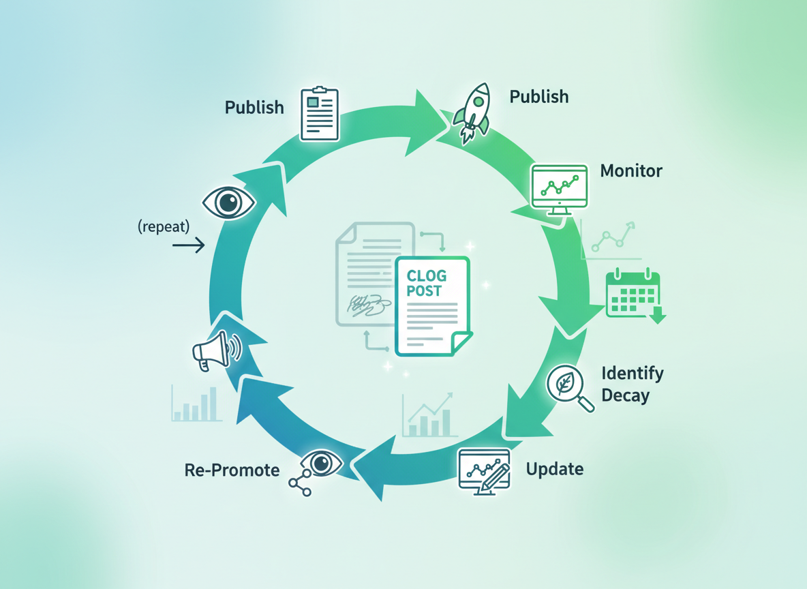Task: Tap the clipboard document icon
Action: [320, 113]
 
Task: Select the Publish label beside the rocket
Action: [539, 97]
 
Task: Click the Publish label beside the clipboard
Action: [254, 107]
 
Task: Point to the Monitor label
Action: [631, 170]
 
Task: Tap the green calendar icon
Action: [634, 294]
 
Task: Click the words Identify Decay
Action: [632, 384]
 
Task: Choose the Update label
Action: [555, 469]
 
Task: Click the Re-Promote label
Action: [232, 470]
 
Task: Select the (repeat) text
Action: [164, 226]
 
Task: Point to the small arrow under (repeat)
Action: [189, 245]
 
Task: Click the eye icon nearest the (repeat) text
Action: [229, 202]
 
